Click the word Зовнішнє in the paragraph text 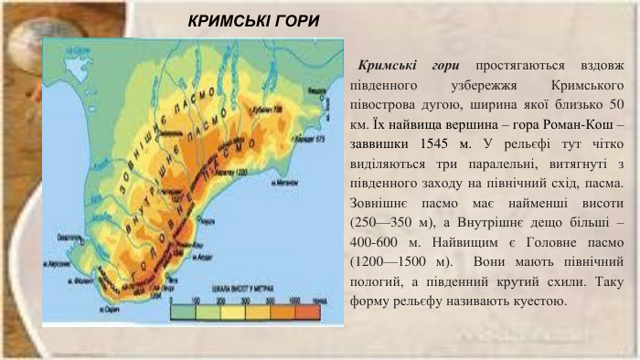(380, 201)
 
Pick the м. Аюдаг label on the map (203, 259)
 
